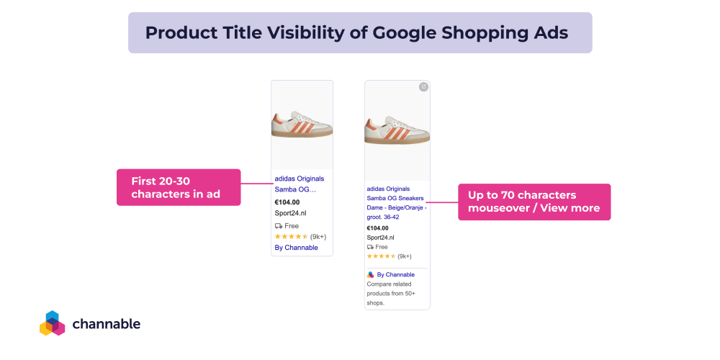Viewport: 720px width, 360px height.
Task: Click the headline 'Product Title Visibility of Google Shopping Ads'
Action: [x=356, y=33]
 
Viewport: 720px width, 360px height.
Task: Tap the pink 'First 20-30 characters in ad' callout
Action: [x=178, y=187]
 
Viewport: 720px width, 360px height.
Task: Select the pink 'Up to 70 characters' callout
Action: [x=534, y=202]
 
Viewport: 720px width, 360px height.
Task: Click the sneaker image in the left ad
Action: [x=302, y=124]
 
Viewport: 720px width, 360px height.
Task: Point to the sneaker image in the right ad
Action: [x=397, y=129]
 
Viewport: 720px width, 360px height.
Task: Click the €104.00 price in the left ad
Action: [x=287, y=202]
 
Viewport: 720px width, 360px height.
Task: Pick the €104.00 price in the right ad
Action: [x=377, y=228]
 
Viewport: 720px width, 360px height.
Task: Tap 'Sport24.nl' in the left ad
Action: [x=291, y=213]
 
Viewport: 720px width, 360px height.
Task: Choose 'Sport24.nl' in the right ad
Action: [x=380, y=238]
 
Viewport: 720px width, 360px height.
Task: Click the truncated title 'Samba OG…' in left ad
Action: [x=295, y=189]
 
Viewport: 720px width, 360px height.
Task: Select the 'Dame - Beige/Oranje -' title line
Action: [x=396, y=207]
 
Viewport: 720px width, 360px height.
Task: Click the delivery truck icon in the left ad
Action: [x=279, y=225]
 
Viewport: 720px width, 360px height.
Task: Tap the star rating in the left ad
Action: [x=291, y=236]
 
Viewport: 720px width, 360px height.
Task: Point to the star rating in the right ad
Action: [x=382, y=256]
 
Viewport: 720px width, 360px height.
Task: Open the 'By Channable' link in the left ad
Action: [x=296, y=248]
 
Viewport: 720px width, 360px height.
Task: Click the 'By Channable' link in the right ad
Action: [x=395, y=274]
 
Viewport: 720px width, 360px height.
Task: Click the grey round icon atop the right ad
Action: [x=423, y=87]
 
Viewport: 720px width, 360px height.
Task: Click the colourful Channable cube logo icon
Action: [x=52, y=323]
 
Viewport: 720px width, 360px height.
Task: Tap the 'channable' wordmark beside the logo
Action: [x=107, y=324]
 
